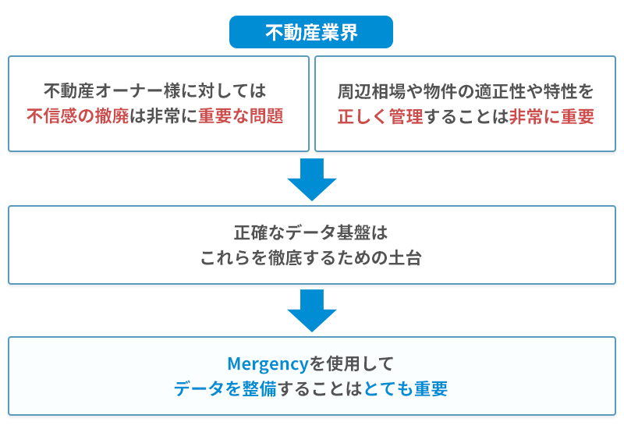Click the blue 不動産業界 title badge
pyautogui.click(x=310, y=32)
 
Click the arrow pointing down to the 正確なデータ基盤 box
pyautogui.click(x=312, y=179)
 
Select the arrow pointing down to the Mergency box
pyautogui.click(x=312, y=310)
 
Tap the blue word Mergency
pyautogui.click(x=268, y=364)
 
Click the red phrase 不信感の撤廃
pyautogui.click(x=78, y=115)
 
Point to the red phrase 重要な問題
pyautogui.click(x=241, y=115)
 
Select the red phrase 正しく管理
pyautogui.click(x=380, y=116)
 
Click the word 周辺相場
pyautogui.click(x=371, y=91)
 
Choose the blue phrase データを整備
pyautogui.click(x=225, y=388)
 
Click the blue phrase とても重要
pyautogui.click(x=406, y=388)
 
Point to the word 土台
pyautogui.click(x=405, y=257)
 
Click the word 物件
pyautogui.click(x=440, y=91)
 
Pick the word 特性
pyautogui.click(x=560, y=91)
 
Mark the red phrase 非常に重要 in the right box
pyautogui.click(x=551, y=116)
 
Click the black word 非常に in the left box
pyautogui.click(x=172, y=115)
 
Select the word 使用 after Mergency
pyautogui.click(x=343, y=363)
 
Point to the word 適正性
pyautogui.click(x=500, y=91)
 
